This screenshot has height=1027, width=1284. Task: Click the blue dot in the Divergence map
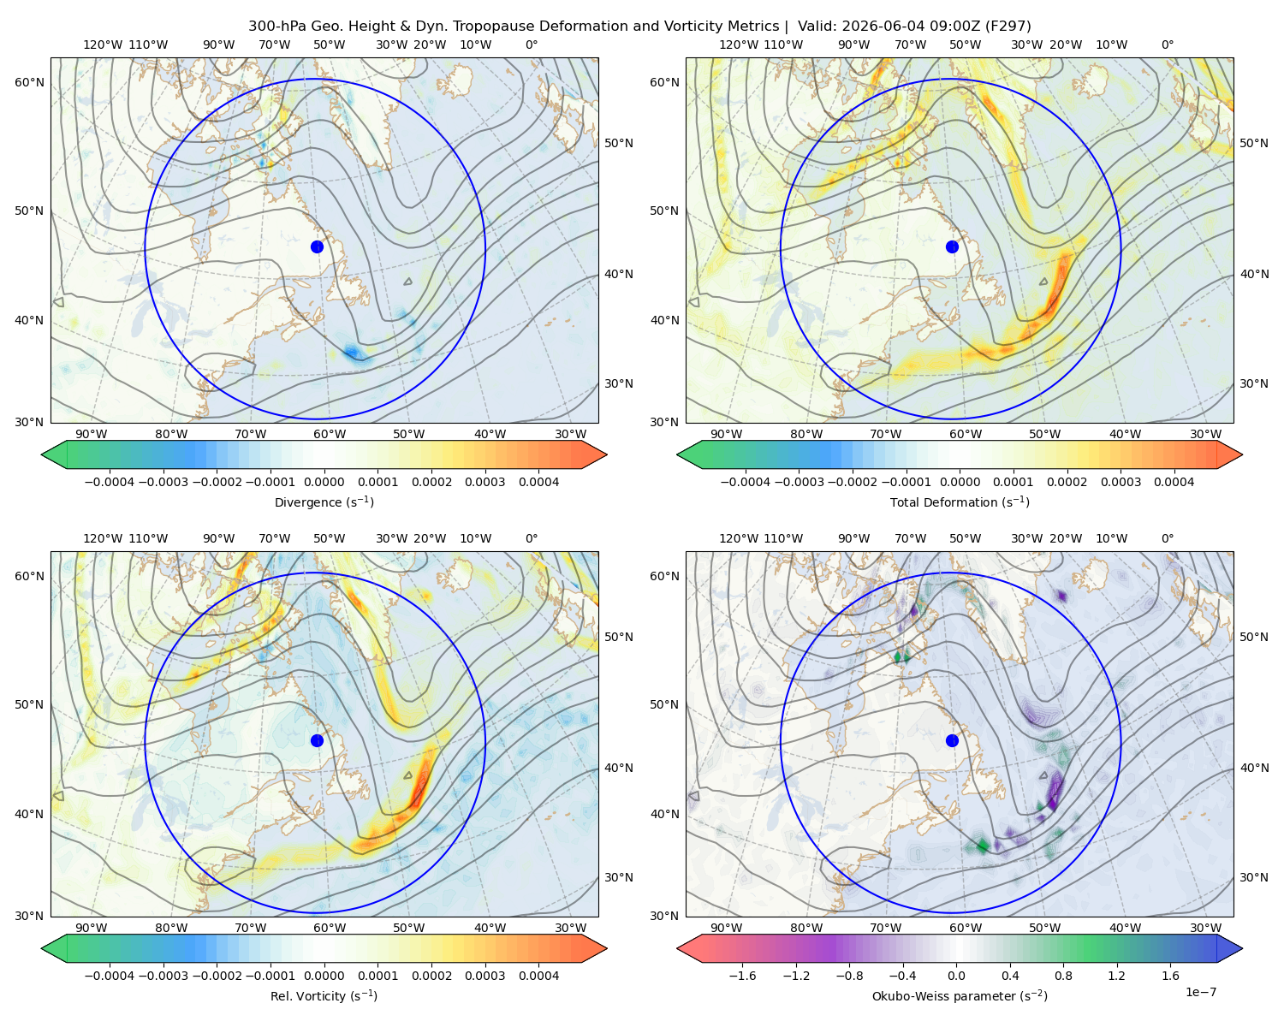pos(317,247)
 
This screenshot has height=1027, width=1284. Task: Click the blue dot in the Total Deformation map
pos(952,247)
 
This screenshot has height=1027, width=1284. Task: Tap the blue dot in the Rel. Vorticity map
pos(317,740)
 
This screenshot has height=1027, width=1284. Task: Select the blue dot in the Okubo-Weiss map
pos(952,740)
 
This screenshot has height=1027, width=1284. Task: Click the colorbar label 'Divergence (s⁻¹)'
pos(324,502)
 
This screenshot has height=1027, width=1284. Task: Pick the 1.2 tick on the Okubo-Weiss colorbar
pos(1116,976)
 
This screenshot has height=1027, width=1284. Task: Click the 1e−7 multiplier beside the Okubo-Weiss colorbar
pos(1200,992)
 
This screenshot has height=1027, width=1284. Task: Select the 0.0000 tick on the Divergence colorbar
pos(324,482)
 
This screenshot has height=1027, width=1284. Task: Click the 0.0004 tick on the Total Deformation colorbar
pos(1174,482)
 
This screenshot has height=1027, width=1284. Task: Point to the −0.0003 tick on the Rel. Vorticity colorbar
pos(163,976)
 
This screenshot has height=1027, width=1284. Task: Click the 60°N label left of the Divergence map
pos(29,82)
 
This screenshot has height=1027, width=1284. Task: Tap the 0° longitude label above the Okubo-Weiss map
pos(1167,538)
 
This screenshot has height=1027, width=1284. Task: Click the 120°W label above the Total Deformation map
pos(738,45)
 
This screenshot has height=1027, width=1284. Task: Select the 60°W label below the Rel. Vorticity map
pos(330,928)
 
